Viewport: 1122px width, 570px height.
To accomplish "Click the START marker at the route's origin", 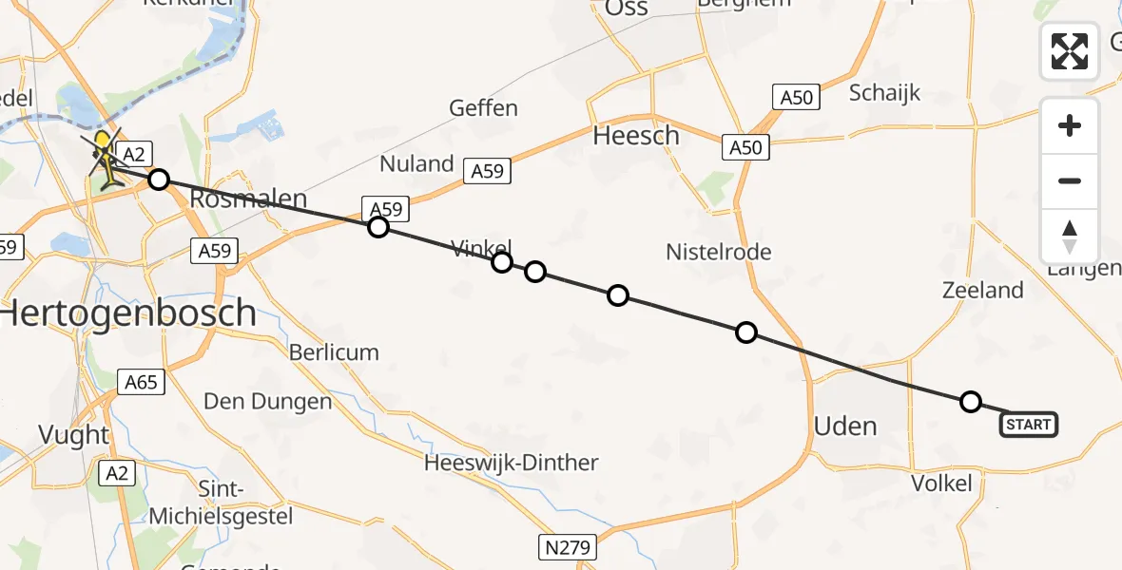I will click(x=1028, y=425).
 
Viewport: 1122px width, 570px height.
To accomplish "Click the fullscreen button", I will click(x=1070, y=50).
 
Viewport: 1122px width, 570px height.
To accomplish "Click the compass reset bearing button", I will click(x=1070, y=236).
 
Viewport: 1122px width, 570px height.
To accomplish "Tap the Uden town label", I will click(x=845, y=426).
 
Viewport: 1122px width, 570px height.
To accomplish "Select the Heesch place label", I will click(x=636, y=136).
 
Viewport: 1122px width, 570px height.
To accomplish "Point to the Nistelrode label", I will click(x=718, y=252).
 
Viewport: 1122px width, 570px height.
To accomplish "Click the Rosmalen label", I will click(x=249, y=199).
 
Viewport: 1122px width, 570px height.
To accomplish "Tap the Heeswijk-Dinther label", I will click(x=512, y=464).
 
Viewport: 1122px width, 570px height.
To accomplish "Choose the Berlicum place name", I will click(x=334, y=352).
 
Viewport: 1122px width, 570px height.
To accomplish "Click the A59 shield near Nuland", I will click(x=488, y=171).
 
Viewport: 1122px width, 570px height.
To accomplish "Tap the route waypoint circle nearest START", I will click(x=970, y=402).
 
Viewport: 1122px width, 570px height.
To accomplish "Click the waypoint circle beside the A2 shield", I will click(x=159, y=180).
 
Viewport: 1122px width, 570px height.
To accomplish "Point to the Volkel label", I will click(x=941, y=484).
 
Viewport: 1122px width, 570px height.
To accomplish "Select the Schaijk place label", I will click(x=884, y=93).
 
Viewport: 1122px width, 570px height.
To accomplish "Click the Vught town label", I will click(x=73, y=435).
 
